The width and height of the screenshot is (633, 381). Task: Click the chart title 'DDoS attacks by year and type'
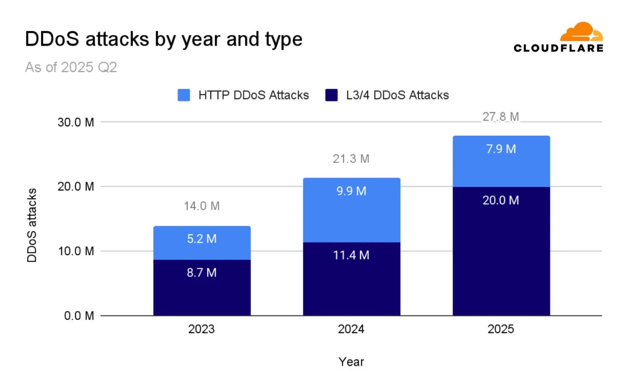pyautogui.click(x=164, y=39)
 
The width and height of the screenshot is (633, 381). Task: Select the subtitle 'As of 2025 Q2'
pyautogui.click(x=71, y=67)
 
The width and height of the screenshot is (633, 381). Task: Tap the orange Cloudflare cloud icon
pyautogui.click(x=581, y=32)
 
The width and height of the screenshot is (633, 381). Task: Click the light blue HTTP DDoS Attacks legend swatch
pyautogui.click(x=184, y=95)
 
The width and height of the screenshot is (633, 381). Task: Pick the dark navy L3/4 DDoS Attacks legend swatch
pyautogui.click(x=331, y=95)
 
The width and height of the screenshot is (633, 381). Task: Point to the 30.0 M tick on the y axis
pyautogui.click(x=76, y=123)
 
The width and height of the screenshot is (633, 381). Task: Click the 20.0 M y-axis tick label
pyautogui.click(x=76, y=187)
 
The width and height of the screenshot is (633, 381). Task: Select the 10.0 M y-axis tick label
pyautogui.click(x=76, y=251)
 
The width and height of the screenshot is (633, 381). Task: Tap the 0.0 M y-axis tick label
pyautogui.click(x=79, y=316)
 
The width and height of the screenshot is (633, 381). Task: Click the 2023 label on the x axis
pyautogui.click(x=202, y=329)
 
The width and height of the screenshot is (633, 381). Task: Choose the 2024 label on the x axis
pyautogui.click(x=351, y=329)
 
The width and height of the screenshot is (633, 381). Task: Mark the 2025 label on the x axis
pyautogui.click(x=501, y=329)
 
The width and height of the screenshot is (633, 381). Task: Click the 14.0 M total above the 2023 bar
pyautogui.click(x=202, y=206)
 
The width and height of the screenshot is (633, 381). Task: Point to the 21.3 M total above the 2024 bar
pyautogui.click(x=351, y=159)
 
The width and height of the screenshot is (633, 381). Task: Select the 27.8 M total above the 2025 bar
pyautogui.click(x=501, y=117)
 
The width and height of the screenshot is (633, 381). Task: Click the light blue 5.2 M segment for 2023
pyautogui.click(x=202, y=243)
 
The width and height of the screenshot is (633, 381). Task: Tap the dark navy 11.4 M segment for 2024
pyautogui.click(x=352, y=279)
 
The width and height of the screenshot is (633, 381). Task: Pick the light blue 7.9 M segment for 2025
pyautogui.click(x=501, y=161)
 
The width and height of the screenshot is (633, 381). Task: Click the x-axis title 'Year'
pyautogui.click(x=351, y=362)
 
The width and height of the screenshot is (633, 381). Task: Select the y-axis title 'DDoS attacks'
pyautogui.click(x=32, y=225)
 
